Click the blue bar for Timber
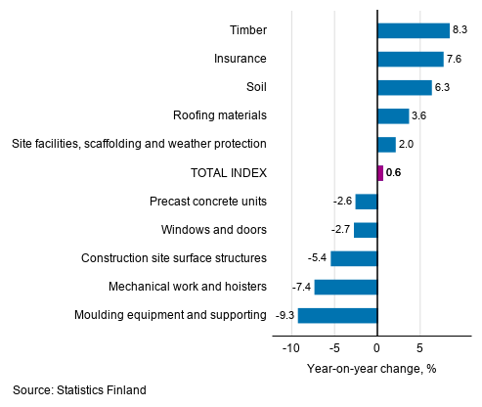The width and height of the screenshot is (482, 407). (x=413, y=30)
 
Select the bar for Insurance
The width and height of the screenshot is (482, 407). (x=410, y=59)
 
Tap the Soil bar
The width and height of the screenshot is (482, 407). (x=404, y=87)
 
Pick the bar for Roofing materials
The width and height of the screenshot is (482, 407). (x=392, y=115)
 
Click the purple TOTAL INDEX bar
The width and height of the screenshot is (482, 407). (x=379, y=173)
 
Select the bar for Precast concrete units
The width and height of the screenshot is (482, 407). (x=366, y=202)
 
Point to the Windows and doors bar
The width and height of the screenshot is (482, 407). (x=365, y=230)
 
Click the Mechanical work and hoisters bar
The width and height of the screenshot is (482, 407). (x=345, y=287)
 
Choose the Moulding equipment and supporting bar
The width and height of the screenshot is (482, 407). (x=337, y=315)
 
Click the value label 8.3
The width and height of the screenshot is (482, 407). (x=460, y=30)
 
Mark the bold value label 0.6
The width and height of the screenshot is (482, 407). (x=394, y=173)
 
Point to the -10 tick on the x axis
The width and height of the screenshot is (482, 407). (x=290, y=348)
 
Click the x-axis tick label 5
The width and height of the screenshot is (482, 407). (x=419, y=348)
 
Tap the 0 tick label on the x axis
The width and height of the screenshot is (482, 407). (x=377, y=348)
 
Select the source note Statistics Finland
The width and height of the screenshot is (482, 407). (x=79, y=390)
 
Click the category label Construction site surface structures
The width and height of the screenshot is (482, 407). (x=174, y=258)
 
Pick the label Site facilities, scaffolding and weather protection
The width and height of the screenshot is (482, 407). (x=139, y=144)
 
